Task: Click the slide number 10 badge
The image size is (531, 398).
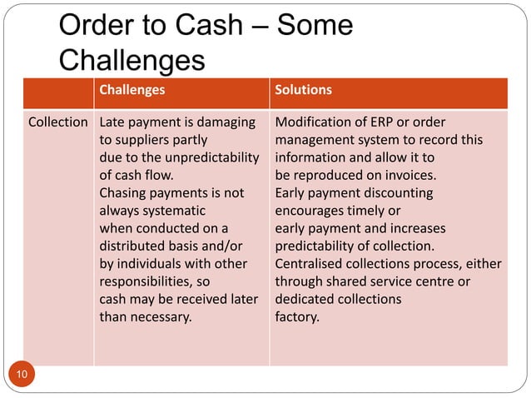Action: [21, 376]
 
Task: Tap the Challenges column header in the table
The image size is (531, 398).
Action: [132, 89]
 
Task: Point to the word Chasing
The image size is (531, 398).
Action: [124, 193]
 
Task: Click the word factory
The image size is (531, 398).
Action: [296, 316]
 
